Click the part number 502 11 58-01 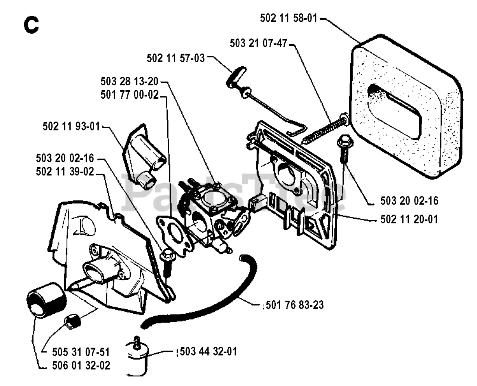[x=288, y=18]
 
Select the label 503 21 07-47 [x=258, y=43]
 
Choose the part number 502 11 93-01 [x=71, y=127]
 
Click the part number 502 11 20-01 [x=409, y=219]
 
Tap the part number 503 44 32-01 [x=208, y=351]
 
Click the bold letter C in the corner [x=31, y=25]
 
